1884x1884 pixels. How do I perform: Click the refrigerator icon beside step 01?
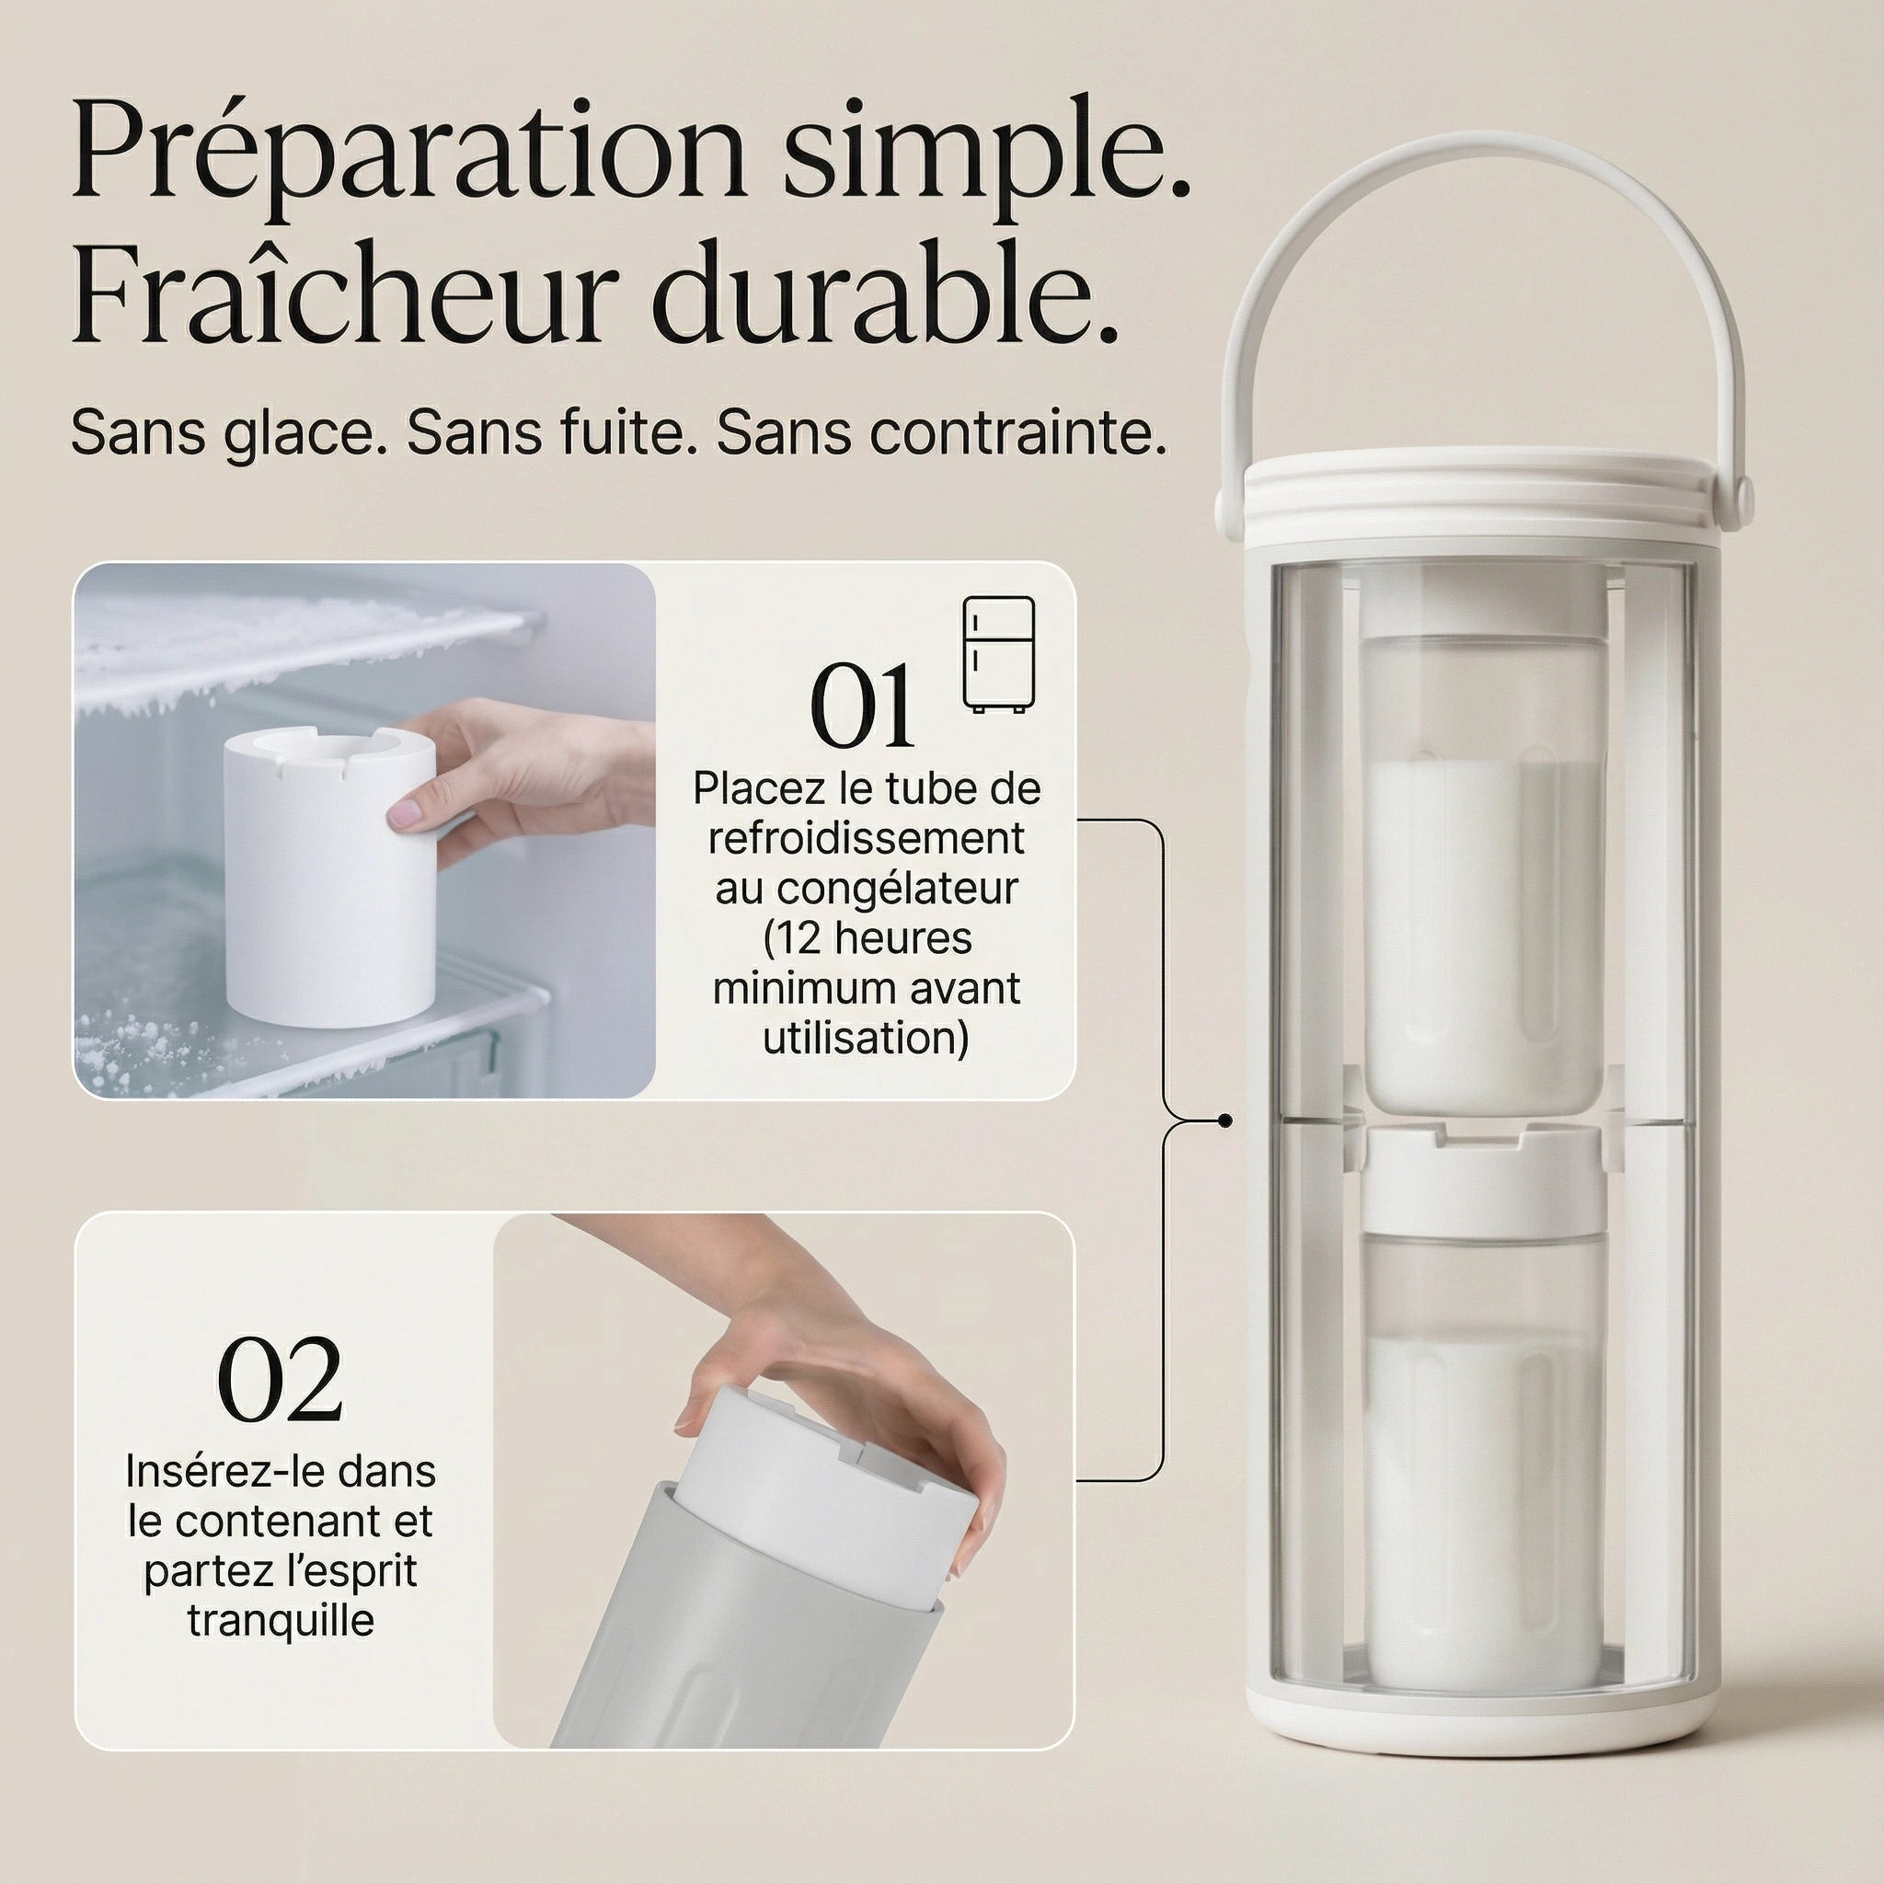(x=998, y=654)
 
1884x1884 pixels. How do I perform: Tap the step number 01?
(x=862, y=707)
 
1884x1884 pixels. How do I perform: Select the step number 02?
(x=280, y=1382)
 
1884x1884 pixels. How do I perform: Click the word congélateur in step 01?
(x=866, y=889)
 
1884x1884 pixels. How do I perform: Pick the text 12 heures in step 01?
(x=867, y=938)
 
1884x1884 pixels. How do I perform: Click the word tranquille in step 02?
(x=281, y=1620)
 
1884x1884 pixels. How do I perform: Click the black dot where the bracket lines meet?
(x=1224, y=1121)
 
